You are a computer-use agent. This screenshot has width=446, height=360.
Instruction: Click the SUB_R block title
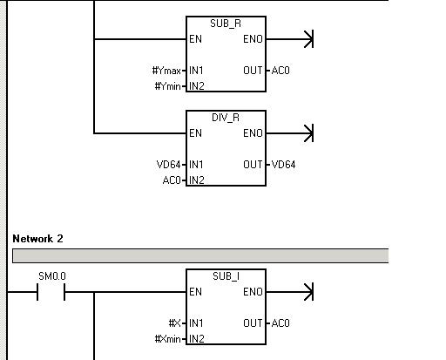point(226,24)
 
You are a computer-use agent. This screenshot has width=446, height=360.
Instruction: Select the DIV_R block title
point(226,118)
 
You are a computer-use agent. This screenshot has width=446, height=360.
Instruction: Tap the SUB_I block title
point(226,276)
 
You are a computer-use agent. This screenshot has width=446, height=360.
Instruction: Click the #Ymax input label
point(166,71)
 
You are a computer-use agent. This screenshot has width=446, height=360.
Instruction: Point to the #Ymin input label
point(167,86)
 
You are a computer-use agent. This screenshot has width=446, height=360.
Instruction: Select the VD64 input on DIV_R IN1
point(169,165)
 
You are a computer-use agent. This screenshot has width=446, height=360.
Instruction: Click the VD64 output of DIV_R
point(283,165)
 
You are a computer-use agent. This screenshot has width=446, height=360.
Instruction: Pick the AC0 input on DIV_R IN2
point(172,180)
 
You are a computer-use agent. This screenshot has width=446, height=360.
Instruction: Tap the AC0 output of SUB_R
point(280,71)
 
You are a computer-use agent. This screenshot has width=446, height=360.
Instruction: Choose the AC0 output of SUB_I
point(280,323)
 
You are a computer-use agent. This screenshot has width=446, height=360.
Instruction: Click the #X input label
point(175,323)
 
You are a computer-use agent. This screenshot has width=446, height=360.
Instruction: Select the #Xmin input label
point(168,339)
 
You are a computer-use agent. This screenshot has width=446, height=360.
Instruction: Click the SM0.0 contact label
point(52,276)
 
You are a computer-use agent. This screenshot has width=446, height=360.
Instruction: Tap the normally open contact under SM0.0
point(51,292)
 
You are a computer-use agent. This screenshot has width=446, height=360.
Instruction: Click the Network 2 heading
point(37,239)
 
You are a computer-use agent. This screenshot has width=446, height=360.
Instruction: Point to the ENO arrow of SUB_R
point(289,39)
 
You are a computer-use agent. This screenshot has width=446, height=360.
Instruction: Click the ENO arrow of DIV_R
point(289,133)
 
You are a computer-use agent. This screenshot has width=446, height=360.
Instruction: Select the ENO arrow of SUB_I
point(289,292)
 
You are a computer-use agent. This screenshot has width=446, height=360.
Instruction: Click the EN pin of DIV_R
point(195,133)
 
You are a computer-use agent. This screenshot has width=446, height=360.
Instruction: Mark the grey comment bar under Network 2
point(200,256)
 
